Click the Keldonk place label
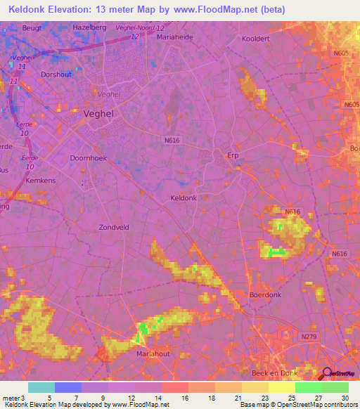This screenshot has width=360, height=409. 184,198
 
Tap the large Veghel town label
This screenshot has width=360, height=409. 98,112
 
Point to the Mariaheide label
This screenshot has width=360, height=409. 174,36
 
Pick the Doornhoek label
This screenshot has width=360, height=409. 87,158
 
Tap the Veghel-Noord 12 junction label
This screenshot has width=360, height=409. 135,27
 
